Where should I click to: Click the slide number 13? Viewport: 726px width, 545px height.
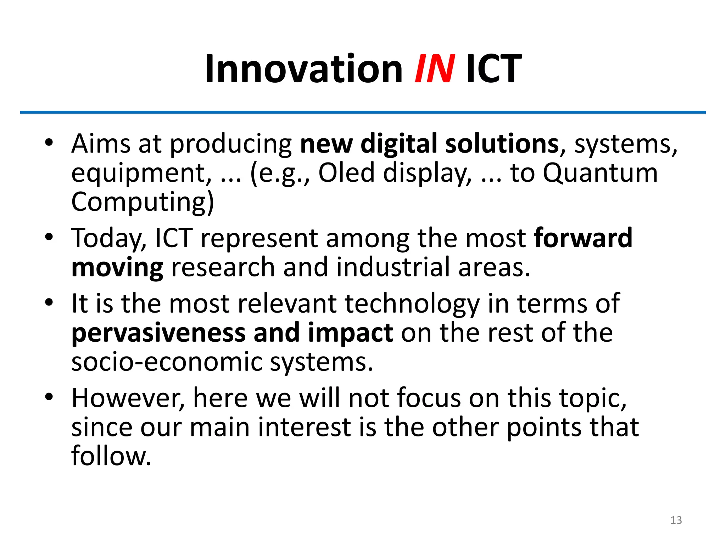[x=676, y=520]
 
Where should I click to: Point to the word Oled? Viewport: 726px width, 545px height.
[x=346, y=173]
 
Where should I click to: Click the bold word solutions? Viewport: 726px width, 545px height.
[x=502, y=144]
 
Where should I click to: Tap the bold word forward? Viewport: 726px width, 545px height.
[x=583, y=238]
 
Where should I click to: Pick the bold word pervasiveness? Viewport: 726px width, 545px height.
[x=158, y=333]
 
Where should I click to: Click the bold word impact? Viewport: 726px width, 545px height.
[x=350, y=333]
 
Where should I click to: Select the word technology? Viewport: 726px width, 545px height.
[x=412, y=304]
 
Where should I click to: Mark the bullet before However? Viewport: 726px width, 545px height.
[x=49, y=397]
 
